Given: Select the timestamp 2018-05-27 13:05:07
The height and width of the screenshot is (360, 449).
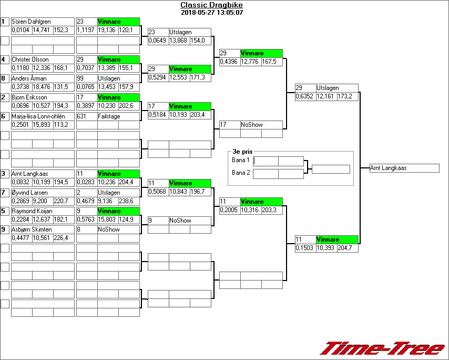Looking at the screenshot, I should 212,13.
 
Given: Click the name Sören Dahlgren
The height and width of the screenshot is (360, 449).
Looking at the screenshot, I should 32,22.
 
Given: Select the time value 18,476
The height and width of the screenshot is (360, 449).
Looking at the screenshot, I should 43,87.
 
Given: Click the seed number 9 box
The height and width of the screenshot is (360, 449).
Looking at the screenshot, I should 5,229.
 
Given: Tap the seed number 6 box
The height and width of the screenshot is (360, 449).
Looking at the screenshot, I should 5,116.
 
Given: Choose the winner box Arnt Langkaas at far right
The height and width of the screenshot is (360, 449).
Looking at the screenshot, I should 404,168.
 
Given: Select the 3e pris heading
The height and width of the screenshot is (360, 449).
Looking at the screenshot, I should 242,152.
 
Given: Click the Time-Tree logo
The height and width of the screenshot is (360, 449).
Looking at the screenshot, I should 383,348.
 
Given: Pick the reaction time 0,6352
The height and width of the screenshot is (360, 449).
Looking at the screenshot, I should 304,97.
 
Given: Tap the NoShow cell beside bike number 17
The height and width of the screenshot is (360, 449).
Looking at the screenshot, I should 252,125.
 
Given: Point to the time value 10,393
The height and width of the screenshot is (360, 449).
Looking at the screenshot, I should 326,248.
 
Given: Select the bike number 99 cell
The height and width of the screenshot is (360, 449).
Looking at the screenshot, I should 86,78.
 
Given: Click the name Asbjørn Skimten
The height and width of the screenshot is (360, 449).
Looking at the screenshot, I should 32,229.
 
